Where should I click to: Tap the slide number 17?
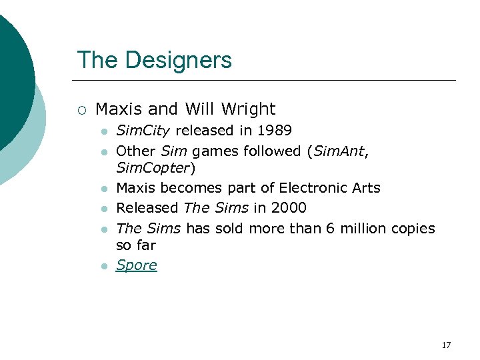tap(446, 345)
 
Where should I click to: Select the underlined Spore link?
tap(137, 265)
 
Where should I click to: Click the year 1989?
tap(274, 130)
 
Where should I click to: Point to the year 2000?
tap(289, 208)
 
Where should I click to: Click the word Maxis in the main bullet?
tap(117, 109)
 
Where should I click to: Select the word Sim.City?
tap(142, 131)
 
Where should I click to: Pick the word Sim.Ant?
tap(339, 151)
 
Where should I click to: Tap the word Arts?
tap(365, 188)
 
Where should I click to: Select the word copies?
tap(413, 229)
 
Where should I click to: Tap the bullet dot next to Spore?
tap(103, 266)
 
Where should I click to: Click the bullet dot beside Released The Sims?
tap(103, 209)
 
